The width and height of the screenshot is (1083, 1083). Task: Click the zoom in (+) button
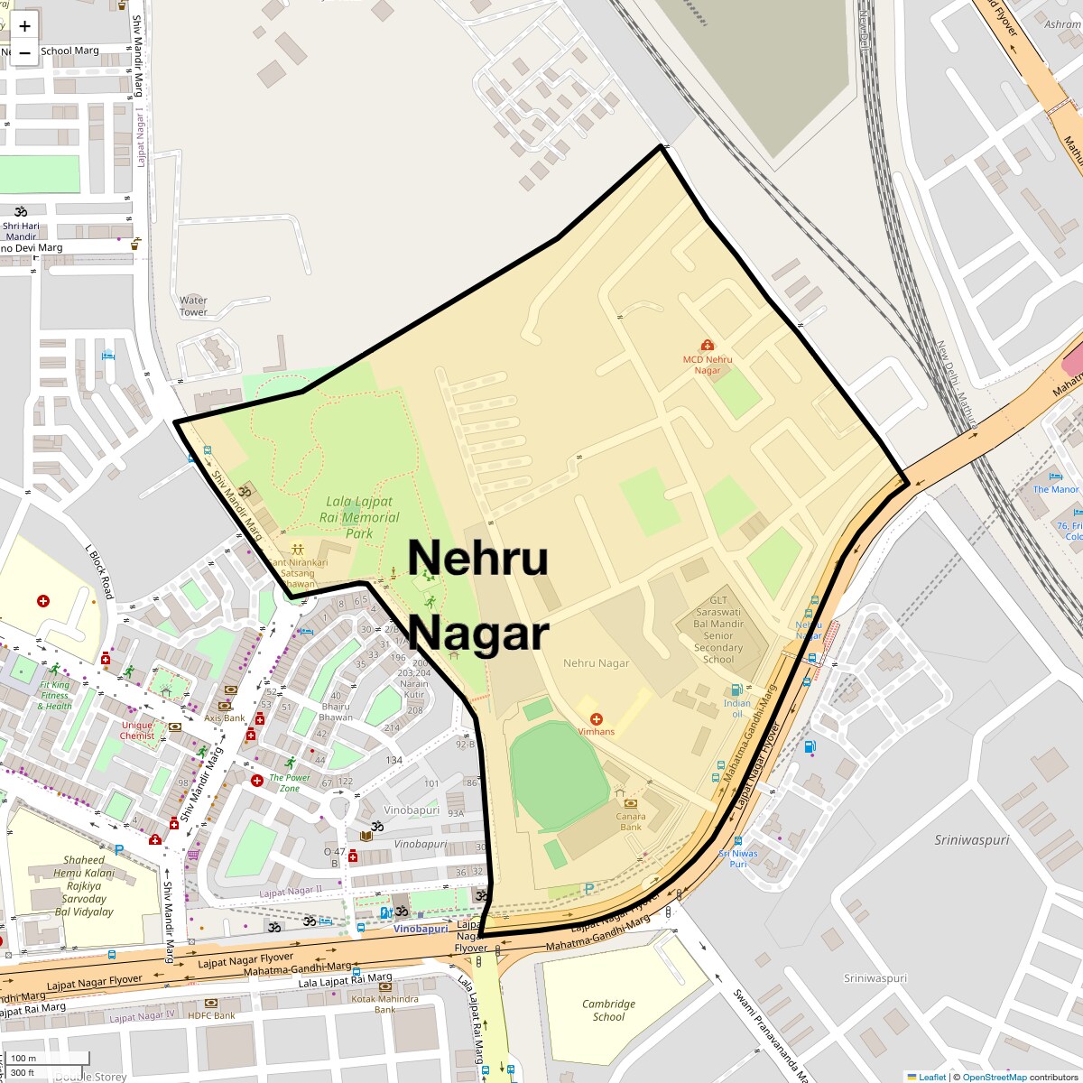click(x=24, y=26)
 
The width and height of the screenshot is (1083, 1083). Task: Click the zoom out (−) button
click(x=24, y=53)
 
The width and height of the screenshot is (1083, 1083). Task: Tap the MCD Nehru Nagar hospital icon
click(x=707, y=345)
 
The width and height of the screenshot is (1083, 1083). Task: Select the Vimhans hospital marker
click(x=597, y=718)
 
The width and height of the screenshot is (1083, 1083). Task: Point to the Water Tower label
click(x=193, y=306)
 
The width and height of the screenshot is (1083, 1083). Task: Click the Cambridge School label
click(x=608, y=1010)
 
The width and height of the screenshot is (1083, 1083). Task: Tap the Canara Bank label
click(x=631, y=821)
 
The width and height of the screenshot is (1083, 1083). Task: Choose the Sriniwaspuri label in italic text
click(x=971, y=839)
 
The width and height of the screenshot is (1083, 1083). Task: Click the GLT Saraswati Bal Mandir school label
click(x=718, y=629)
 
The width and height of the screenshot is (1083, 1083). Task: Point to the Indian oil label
click(x=736, y=708)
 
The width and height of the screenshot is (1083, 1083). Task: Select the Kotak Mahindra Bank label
click(x=385, y=1004)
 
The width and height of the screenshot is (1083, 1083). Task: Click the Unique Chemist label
click(x=137, y=730)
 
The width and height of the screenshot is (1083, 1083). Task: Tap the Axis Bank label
click(x=225, y=718)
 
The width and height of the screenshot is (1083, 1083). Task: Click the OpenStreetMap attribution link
click(x=994, y=1077)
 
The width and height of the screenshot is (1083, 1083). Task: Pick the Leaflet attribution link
click(x=932, y=1077)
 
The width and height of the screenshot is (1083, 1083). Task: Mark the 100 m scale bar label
click(x=24, y=1058)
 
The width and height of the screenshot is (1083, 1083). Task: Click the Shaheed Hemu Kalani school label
click(x=84, y=885)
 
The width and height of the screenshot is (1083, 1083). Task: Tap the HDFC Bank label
click(x=211, y=1015)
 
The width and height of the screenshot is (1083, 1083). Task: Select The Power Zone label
click(x=290, y=782)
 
